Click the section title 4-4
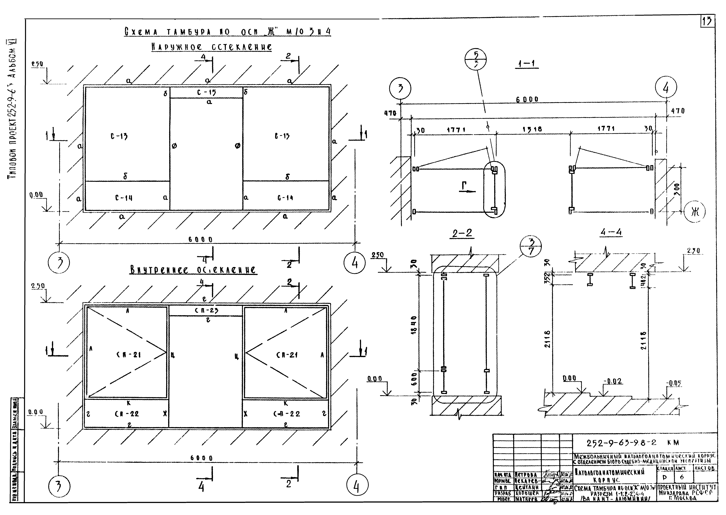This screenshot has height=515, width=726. (x=611, y=232)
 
